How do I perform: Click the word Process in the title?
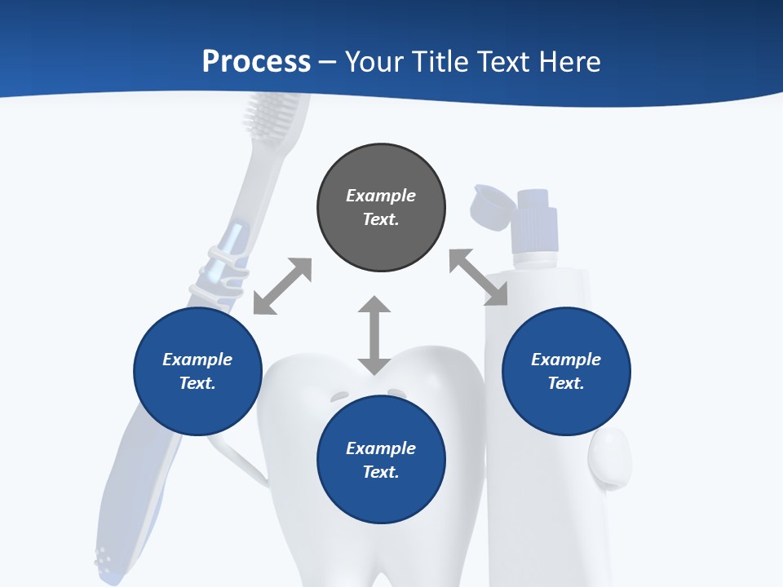point(256,62)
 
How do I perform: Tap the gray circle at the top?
point(381,208)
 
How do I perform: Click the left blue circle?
point(197,371)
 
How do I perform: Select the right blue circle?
point(566,371)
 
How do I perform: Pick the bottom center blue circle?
point(381,460)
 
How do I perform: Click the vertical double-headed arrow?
point(374,335)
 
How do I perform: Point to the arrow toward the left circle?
point(282,286)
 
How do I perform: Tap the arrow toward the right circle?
point(479,277)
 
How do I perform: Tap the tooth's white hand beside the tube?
point(610,457)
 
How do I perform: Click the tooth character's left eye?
point(339,396)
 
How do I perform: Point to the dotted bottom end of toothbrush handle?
point(104,558)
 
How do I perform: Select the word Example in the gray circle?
point(381,196)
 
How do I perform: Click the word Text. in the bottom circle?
point(381,472)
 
